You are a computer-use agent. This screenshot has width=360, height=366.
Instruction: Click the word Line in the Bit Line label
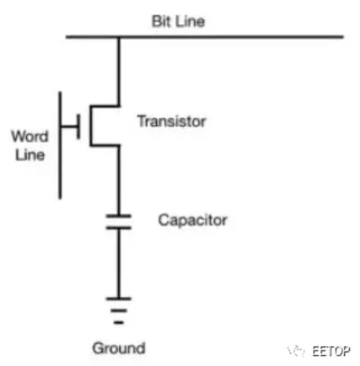pyautogui.click(x=190, y=22)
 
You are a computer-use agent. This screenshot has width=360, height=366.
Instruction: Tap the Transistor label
pyautogui.click(x=171, y=121)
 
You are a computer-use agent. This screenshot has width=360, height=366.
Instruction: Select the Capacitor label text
pyautogui.click(x=192, y=220)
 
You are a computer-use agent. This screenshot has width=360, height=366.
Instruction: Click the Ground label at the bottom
pyautogui.click(x=119, y=348)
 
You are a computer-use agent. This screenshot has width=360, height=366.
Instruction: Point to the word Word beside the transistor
pyautogui.click(x=30, y=136)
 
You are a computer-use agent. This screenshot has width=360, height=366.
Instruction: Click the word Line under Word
pyautogui.click(x=30, y=155)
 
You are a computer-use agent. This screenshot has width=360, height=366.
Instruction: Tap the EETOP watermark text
pyautogui.click(x=331, y=352)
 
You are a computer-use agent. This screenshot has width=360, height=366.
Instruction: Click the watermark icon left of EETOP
pyautogui.click(x=296, y=351)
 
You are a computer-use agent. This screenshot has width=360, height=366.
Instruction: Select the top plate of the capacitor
pyautogui.click(x=119, y=216)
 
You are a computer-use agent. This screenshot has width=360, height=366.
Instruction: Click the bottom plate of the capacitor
pyautogui.click(x=119, y=228)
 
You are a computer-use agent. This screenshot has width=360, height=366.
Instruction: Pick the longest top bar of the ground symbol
pyautogui.click(x=119, y=299)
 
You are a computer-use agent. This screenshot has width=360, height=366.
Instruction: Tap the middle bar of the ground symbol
pyautogui.click(x=119, y=311)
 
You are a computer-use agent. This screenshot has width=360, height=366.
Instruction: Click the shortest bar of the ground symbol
pyautogui.click(x=119, y=323)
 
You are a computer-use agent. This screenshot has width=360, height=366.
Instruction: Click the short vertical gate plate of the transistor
pyautogui.click(x=78, y=127)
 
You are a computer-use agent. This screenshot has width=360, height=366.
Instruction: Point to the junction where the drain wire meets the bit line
pyautogui.click(x=119, y=37)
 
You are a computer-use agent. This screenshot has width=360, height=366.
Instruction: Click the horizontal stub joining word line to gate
pyautogui.click(x=69, y=126)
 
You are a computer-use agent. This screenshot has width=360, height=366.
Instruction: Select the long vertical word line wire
pyautogui.click(x=60, y=146)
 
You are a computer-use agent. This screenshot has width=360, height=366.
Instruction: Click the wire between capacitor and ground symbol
pyautogui.click(x=119, y=264)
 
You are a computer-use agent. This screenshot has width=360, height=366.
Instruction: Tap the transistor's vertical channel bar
pyautogui.click(x=91, y=125)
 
